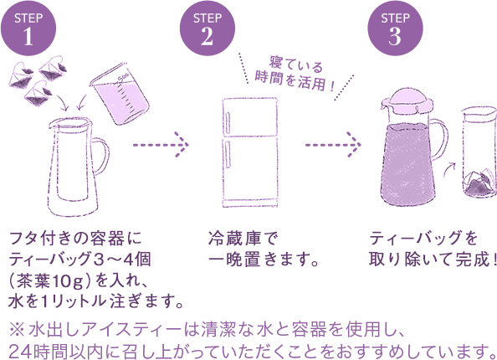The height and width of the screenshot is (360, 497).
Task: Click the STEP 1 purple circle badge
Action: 28,27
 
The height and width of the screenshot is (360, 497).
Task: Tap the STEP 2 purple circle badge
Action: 205,27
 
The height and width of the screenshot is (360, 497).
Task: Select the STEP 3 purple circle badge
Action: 395,27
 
